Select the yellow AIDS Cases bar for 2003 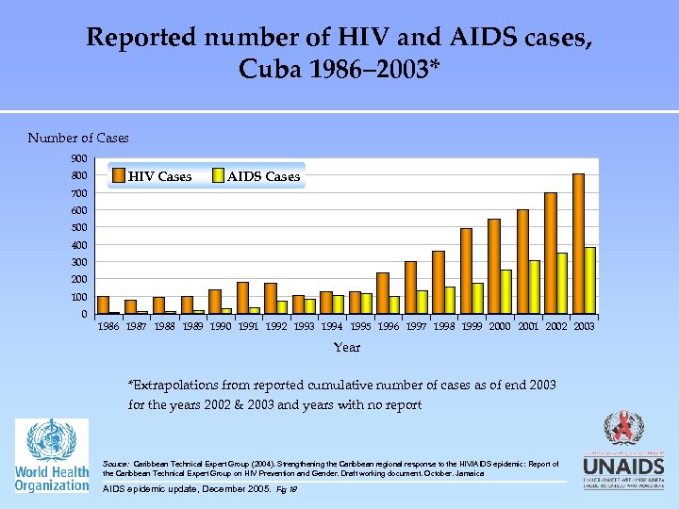click(590, 280)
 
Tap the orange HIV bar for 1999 click(466, 271)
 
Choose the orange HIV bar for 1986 click(103, 304)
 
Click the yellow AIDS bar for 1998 click(450, 300)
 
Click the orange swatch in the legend click(118, 175)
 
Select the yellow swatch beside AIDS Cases click(217, 175)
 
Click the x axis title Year click(346, 347)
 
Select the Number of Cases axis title click(78, 139)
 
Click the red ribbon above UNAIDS click(622, 430)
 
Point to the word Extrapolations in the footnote click(174, 386)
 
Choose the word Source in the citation click(116, 464)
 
